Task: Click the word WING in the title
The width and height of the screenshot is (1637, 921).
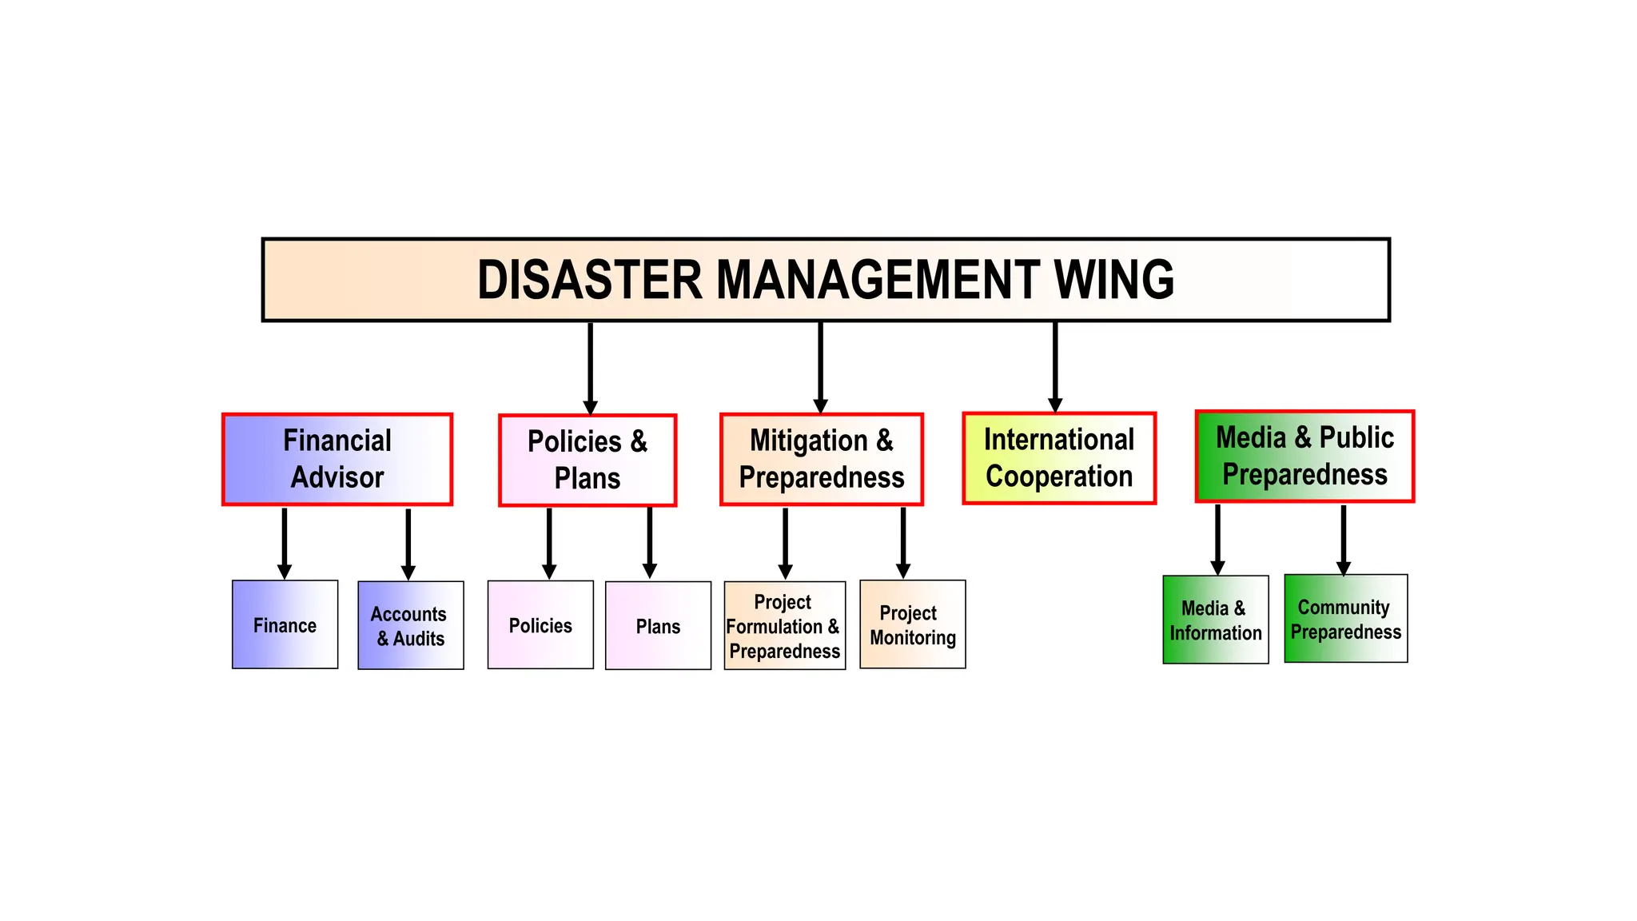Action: (1114, 280)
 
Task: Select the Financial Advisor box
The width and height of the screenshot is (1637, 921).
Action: (337, 459)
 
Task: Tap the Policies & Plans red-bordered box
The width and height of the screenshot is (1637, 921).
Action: (587, 460)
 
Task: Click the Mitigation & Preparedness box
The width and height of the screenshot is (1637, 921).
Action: (822, 459)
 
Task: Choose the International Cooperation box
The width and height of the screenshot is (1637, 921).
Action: (1059, 458)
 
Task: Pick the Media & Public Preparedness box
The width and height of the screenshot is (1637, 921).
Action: (1304, 457)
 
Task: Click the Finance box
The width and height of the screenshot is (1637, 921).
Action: (285, 624)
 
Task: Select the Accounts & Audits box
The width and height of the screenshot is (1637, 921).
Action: (410, 625)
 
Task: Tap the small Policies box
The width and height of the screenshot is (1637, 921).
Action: (540, 624)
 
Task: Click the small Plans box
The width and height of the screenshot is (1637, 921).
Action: (658, 625)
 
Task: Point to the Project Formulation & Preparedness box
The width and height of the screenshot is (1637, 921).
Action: (784, 625)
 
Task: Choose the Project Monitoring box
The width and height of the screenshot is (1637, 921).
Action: (912, 624)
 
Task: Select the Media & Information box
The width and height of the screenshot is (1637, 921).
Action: (1215, 620)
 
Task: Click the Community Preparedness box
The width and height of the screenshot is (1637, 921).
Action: (1345, 619)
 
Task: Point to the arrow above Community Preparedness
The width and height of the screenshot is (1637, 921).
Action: (1344, 539)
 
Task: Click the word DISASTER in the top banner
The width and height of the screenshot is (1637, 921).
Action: (589, 280)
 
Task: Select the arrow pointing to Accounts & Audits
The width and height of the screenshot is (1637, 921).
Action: (408, 543)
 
